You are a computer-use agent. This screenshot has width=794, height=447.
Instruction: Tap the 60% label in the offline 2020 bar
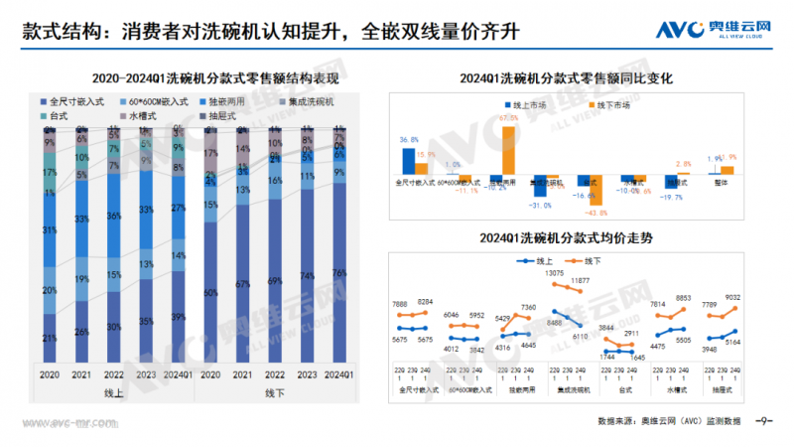tap(210, 294)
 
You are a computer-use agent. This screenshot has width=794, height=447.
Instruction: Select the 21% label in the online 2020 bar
tap(50, 340)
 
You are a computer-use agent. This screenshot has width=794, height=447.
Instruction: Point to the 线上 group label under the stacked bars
tap(114, 393)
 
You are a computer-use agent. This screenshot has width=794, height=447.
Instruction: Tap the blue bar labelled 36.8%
tap(408, 160)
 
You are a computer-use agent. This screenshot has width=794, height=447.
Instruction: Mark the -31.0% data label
tap(540, 206)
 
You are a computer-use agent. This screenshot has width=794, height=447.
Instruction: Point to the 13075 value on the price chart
tap(554, 273)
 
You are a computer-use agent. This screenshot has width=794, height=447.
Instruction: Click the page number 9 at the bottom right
tap(763, 421)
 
